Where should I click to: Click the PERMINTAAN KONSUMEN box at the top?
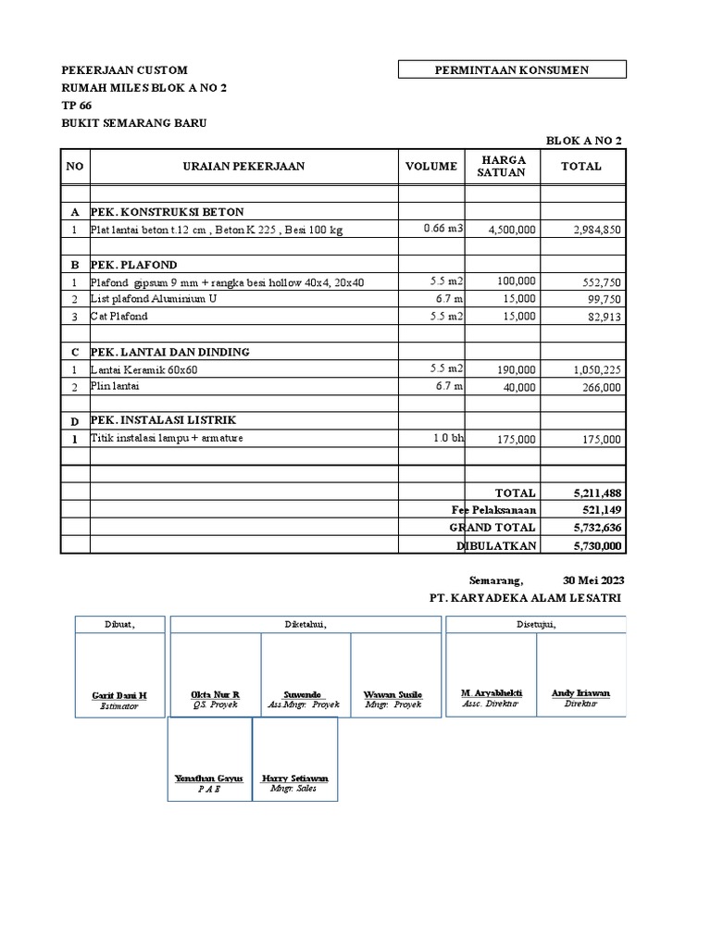click(x=512, y=69)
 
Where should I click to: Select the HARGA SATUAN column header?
click(x=503, y=166)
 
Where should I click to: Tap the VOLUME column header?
click(x=430, y=167)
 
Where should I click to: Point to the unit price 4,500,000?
click(x=512, y=230)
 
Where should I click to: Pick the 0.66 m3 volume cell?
click(x=443, y=229)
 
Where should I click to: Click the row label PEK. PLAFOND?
click(x=133, y=265)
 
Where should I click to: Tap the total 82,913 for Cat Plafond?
click(x=604, y=317)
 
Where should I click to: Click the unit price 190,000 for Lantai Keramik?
click(x=516, y=370)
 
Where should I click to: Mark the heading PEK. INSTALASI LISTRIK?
click(x=163, y=420)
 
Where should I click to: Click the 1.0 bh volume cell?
click(x=448, y=438)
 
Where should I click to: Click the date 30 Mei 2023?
click(x=593, y=580)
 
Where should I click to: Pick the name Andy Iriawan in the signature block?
click(x=580, y=692)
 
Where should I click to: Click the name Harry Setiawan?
click(x=294, y=779)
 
